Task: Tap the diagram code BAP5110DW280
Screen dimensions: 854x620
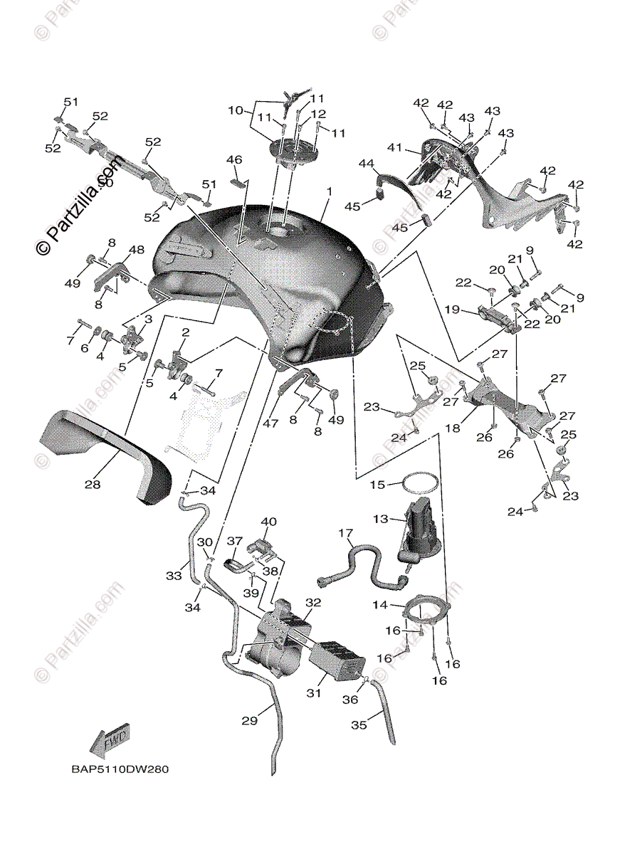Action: (119, 769)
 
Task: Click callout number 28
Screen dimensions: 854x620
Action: (92, 485)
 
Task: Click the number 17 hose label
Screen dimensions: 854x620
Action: (345, 533)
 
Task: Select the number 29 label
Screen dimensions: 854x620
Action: (248, 721)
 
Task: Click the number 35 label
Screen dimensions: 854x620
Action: (359, 724)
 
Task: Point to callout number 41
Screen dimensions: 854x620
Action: (395, 147)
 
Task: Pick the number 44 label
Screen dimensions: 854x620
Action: (366, 164)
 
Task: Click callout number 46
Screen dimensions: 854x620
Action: (234, 159)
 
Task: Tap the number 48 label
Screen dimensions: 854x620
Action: (137, 250)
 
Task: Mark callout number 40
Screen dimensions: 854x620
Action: (268, 522)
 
